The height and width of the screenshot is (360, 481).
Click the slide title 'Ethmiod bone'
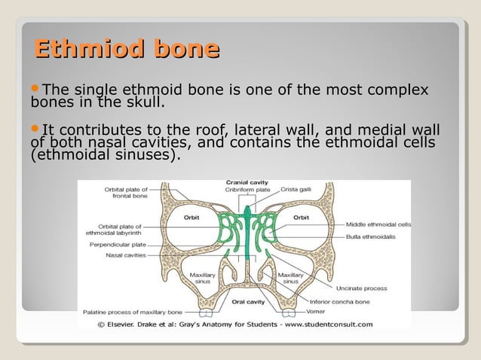coord(127,50)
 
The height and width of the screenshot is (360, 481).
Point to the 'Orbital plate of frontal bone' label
coord(126,193)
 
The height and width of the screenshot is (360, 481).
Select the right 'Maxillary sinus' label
coord(291,279)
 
